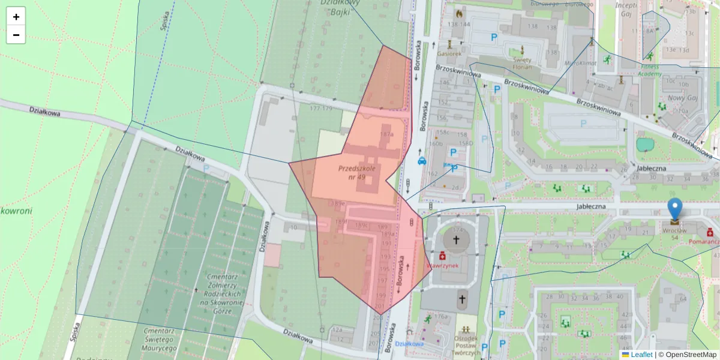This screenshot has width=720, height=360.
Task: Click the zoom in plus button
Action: coord(16,17)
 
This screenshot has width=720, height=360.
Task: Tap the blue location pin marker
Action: coord(675,209)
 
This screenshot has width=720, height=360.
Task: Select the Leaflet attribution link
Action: coord(641,355)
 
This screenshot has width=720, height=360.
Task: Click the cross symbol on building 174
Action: coord(455,240)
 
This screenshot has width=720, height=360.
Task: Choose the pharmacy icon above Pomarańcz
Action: coord(710,232)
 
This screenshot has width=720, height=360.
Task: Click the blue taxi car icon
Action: coord(422,161)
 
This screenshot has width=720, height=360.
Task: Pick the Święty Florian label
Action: coord(522,63)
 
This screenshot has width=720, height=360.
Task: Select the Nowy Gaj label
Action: coord(677,98)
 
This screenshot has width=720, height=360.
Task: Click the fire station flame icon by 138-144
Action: coord(460,13)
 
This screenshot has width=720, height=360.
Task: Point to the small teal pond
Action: coord(645,145)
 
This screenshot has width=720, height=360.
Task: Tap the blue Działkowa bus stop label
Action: coord(410,344)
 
